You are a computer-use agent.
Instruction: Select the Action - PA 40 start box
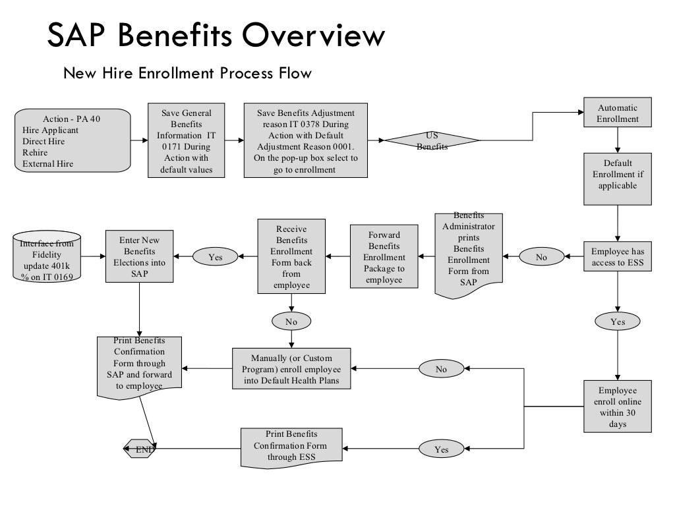pos(73,140)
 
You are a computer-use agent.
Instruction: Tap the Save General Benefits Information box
pos(187,140)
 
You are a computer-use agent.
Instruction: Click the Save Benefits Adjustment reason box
pos(305,140)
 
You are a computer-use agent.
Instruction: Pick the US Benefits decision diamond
pos(432,140)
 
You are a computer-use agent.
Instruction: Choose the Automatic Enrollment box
pos(618,113)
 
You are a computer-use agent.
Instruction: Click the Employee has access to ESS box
pos(618,257)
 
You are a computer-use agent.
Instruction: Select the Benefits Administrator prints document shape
pos(469,254)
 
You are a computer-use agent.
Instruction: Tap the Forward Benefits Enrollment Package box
pos(384,256)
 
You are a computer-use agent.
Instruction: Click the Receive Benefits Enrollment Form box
pos(291,256)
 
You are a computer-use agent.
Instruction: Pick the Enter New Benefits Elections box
pos(138,256)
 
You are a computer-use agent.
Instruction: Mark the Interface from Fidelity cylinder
pos(47,257)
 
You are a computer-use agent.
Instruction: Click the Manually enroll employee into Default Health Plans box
pos(291,368)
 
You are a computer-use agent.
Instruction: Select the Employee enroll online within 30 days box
pos(618,406)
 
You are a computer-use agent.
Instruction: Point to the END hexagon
pos(140,449)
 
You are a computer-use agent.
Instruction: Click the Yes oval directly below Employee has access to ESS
pos(618,322)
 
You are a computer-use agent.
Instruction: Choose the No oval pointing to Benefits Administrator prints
pos(541,257)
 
